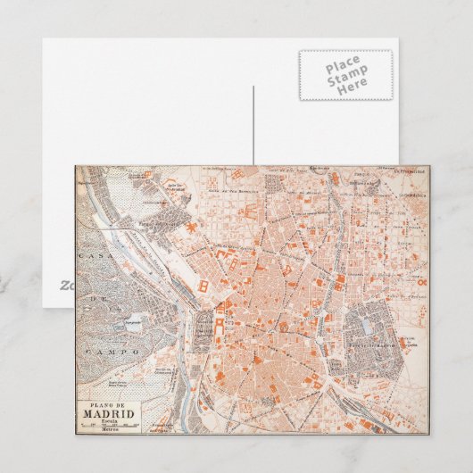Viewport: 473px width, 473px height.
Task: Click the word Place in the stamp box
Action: (x=344, y=65)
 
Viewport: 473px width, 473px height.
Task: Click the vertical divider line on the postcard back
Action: (x=253, y=125)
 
